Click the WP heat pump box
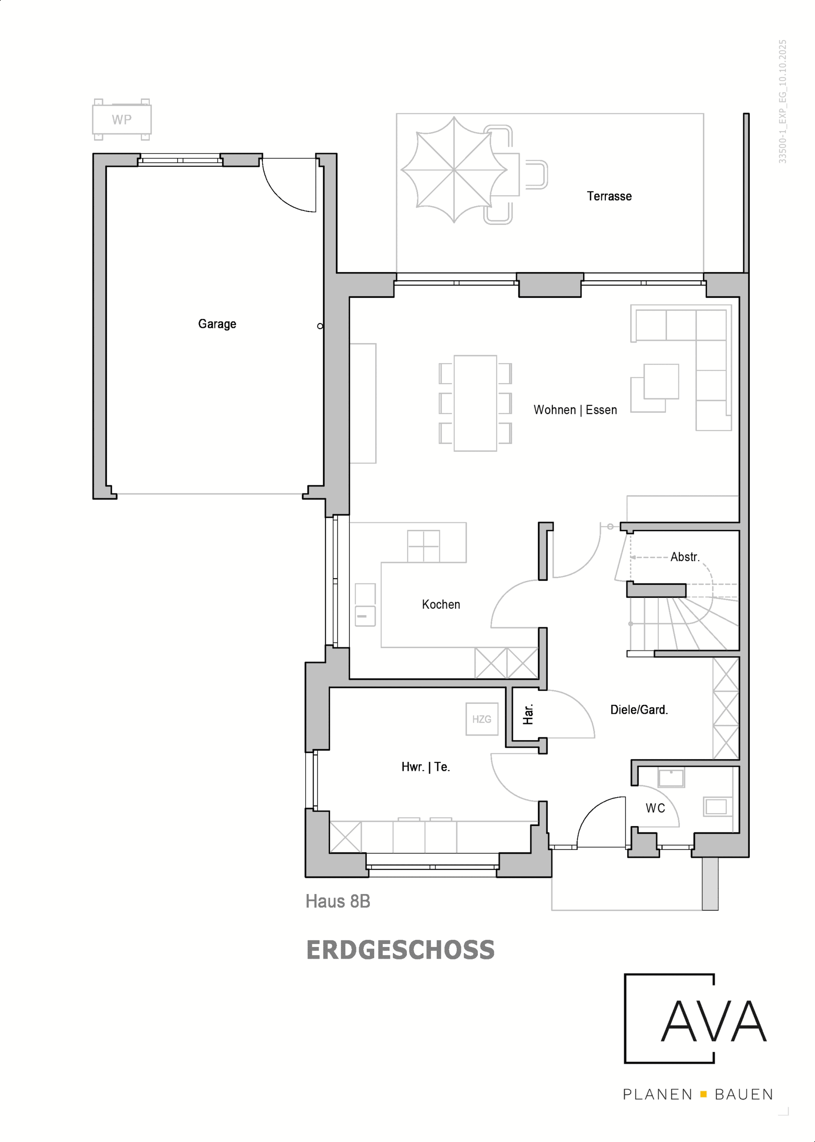[121, 120]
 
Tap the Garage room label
[217, 323]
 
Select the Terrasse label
[609, 196]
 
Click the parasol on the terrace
[454, 170]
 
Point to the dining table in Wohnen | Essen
[475, 403]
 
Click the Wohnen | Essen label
[575, 410]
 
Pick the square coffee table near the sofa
[661, 381]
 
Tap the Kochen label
[441, 604]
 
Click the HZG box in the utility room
[481, 719]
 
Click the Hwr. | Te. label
[425, 767]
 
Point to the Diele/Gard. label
[638, 709]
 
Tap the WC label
[655, 808]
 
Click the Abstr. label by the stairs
[684, 557]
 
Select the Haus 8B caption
[338, 901]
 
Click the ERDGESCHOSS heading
[400, 950]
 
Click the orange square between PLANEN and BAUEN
[703, 1094]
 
